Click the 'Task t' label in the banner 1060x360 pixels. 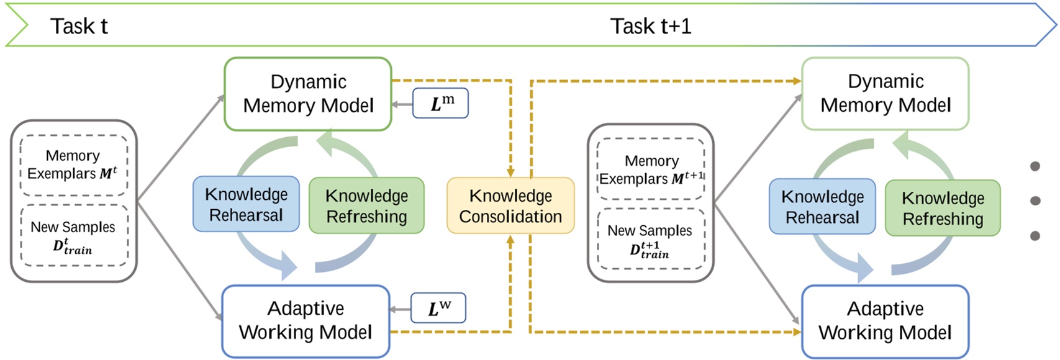point(79,26)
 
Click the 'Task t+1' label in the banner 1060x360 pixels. point(650,26)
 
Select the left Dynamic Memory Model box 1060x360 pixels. point(307,94)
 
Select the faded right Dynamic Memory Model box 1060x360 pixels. point(885,94)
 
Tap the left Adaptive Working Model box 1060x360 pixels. point(306,321)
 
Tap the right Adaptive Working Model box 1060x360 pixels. point(885,321)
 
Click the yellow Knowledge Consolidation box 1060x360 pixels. point(510,205)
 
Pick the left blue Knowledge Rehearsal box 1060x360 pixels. point(246,204)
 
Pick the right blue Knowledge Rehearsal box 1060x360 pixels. point(822,207)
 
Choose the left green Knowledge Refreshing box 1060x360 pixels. point(366,205)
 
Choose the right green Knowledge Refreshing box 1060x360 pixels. point(943,208)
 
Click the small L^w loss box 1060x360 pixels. point(439,308)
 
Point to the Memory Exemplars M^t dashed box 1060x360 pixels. point(73,165)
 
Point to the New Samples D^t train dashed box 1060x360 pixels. point(73,236)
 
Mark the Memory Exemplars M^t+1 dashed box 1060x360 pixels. point(650,169)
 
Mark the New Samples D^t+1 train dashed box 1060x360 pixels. point(650,240)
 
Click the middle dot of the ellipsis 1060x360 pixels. point(1035,200)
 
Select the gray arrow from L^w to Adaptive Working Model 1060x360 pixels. point(401,309)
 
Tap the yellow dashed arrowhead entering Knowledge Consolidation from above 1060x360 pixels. point(510,172)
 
